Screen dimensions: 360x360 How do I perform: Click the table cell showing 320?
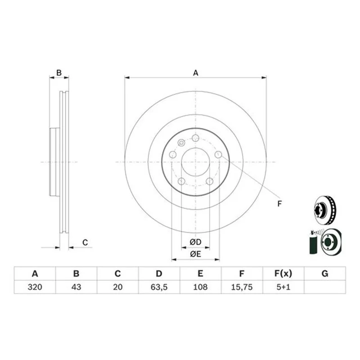coord(35,287)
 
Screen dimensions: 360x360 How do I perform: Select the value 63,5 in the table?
coord(159,287)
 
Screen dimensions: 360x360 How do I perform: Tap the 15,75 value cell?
coord(242,287)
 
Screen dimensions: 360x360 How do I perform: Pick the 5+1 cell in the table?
coord(283,287)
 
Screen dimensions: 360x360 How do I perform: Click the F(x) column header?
coord(283,274)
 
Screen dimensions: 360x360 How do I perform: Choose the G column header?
coord(325,274)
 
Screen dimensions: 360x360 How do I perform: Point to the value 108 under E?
coord(200,287)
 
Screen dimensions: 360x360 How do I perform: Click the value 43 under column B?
coord(76,287)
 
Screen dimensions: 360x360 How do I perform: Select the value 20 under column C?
coord(118,287)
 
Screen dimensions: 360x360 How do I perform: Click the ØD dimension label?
coord(195,242)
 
